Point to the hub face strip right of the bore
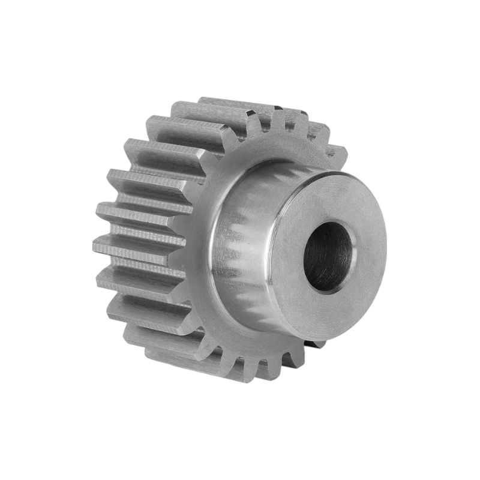369,252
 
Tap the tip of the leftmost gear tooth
97,242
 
